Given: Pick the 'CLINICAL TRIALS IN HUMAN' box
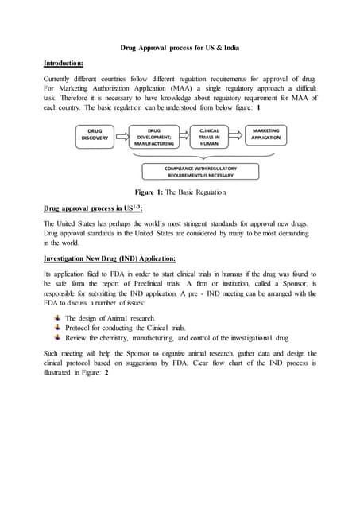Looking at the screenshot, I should point(210,137).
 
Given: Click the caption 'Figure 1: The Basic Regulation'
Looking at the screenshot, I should point(180,192).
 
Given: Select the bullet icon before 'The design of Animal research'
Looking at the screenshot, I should point(57,317).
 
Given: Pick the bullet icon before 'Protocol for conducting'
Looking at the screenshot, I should point(57,327).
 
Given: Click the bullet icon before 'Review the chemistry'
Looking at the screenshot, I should point(57,337).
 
